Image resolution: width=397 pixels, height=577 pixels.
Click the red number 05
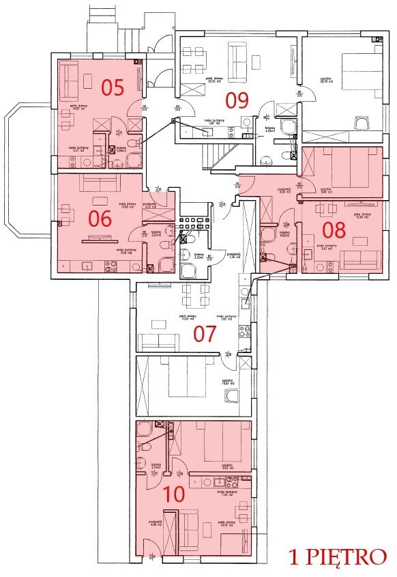[113, 87]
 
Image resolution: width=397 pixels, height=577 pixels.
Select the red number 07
[205, 334]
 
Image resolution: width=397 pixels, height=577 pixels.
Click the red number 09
[236, 100]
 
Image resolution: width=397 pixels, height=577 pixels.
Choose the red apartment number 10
[174, 494]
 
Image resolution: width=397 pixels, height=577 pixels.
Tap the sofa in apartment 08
[361, 259]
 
